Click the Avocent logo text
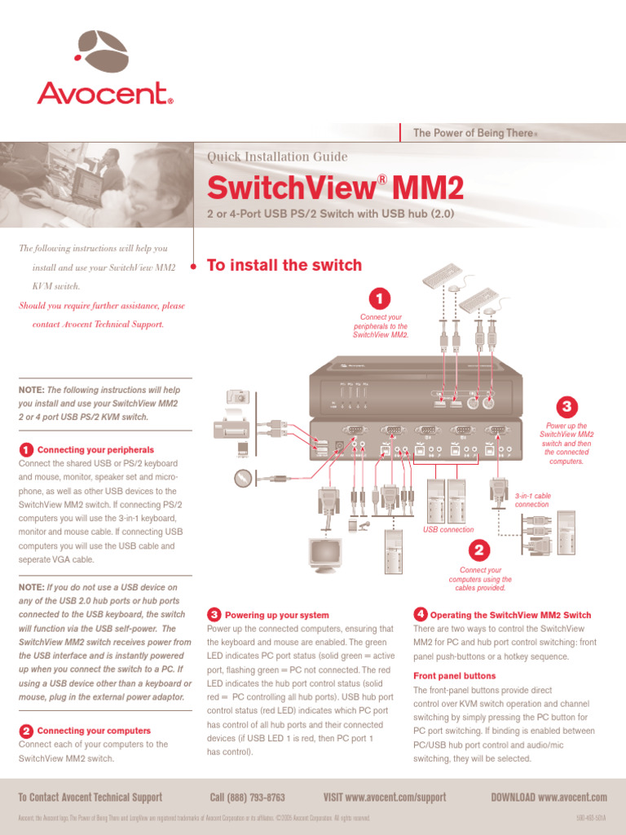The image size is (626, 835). click(x=104, y=93)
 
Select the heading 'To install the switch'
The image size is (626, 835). click(x=284, y=265)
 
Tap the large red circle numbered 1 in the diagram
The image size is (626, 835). click(x=380, y=298)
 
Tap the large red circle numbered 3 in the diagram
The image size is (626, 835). click(x=566, y=406)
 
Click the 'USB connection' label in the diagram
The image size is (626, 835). click(x=447, y=529)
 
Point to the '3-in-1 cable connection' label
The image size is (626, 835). click(x=532, y=500)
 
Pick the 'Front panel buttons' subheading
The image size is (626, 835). click(x=454, y=676)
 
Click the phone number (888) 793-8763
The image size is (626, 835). click(x=247, y=797)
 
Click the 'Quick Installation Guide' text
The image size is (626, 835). click(x=277, y=157)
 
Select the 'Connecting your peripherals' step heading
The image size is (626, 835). click(x=95, y=449)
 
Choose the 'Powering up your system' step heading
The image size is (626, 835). click(x=276, y=615)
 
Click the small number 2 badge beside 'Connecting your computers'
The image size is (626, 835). click(x=26, y=731)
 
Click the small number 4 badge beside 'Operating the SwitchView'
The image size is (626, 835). click(x=420, y=614)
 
